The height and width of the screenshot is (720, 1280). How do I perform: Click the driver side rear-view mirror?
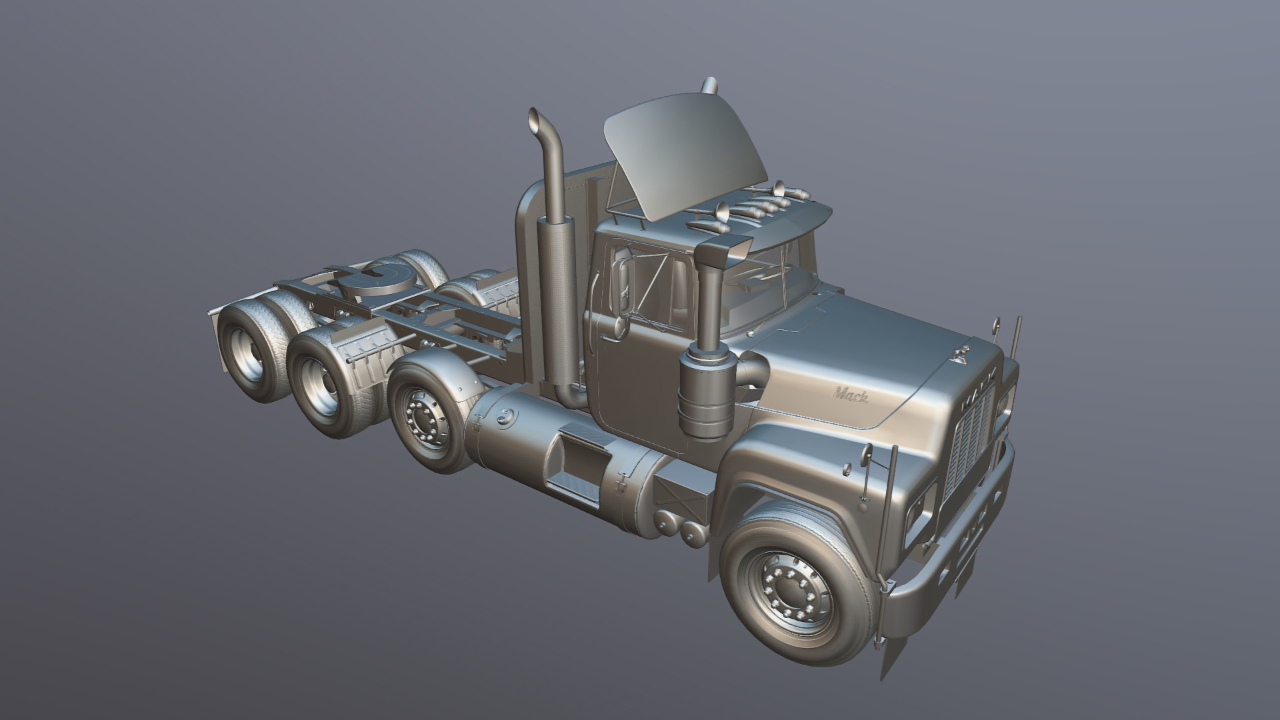[x=625, y=288]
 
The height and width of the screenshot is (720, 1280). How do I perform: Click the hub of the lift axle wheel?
[x=423, y=418]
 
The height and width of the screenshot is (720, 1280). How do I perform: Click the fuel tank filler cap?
[x=507, y=417]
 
